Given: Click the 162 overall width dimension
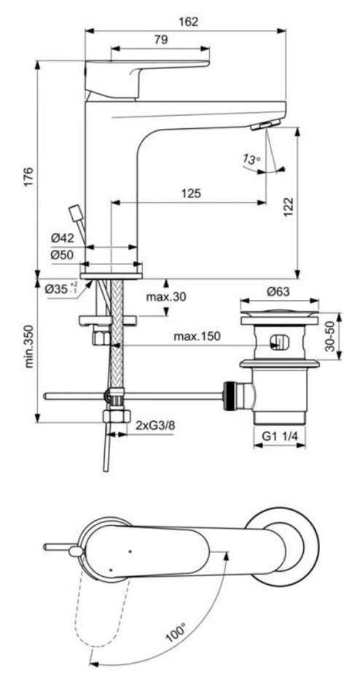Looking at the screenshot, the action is [189, 21].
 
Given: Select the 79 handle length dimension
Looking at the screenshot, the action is [162, 40].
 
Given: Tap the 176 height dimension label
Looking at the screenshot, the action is [28, 176].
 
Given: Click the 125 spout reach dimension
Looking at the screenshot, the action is [191, 193].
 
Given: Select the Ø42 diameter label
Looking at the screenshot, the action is [61, 238].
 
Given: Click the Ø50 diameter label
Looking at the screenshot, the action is [61, 255].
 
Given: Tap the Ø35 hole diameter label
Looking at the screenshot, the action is [61, 289].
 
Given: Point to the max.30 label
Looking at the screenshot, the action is [166, 296].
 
